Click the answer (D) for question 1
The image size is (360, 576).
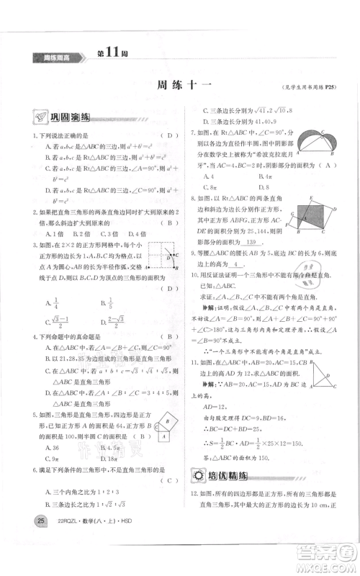point(168,136)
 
